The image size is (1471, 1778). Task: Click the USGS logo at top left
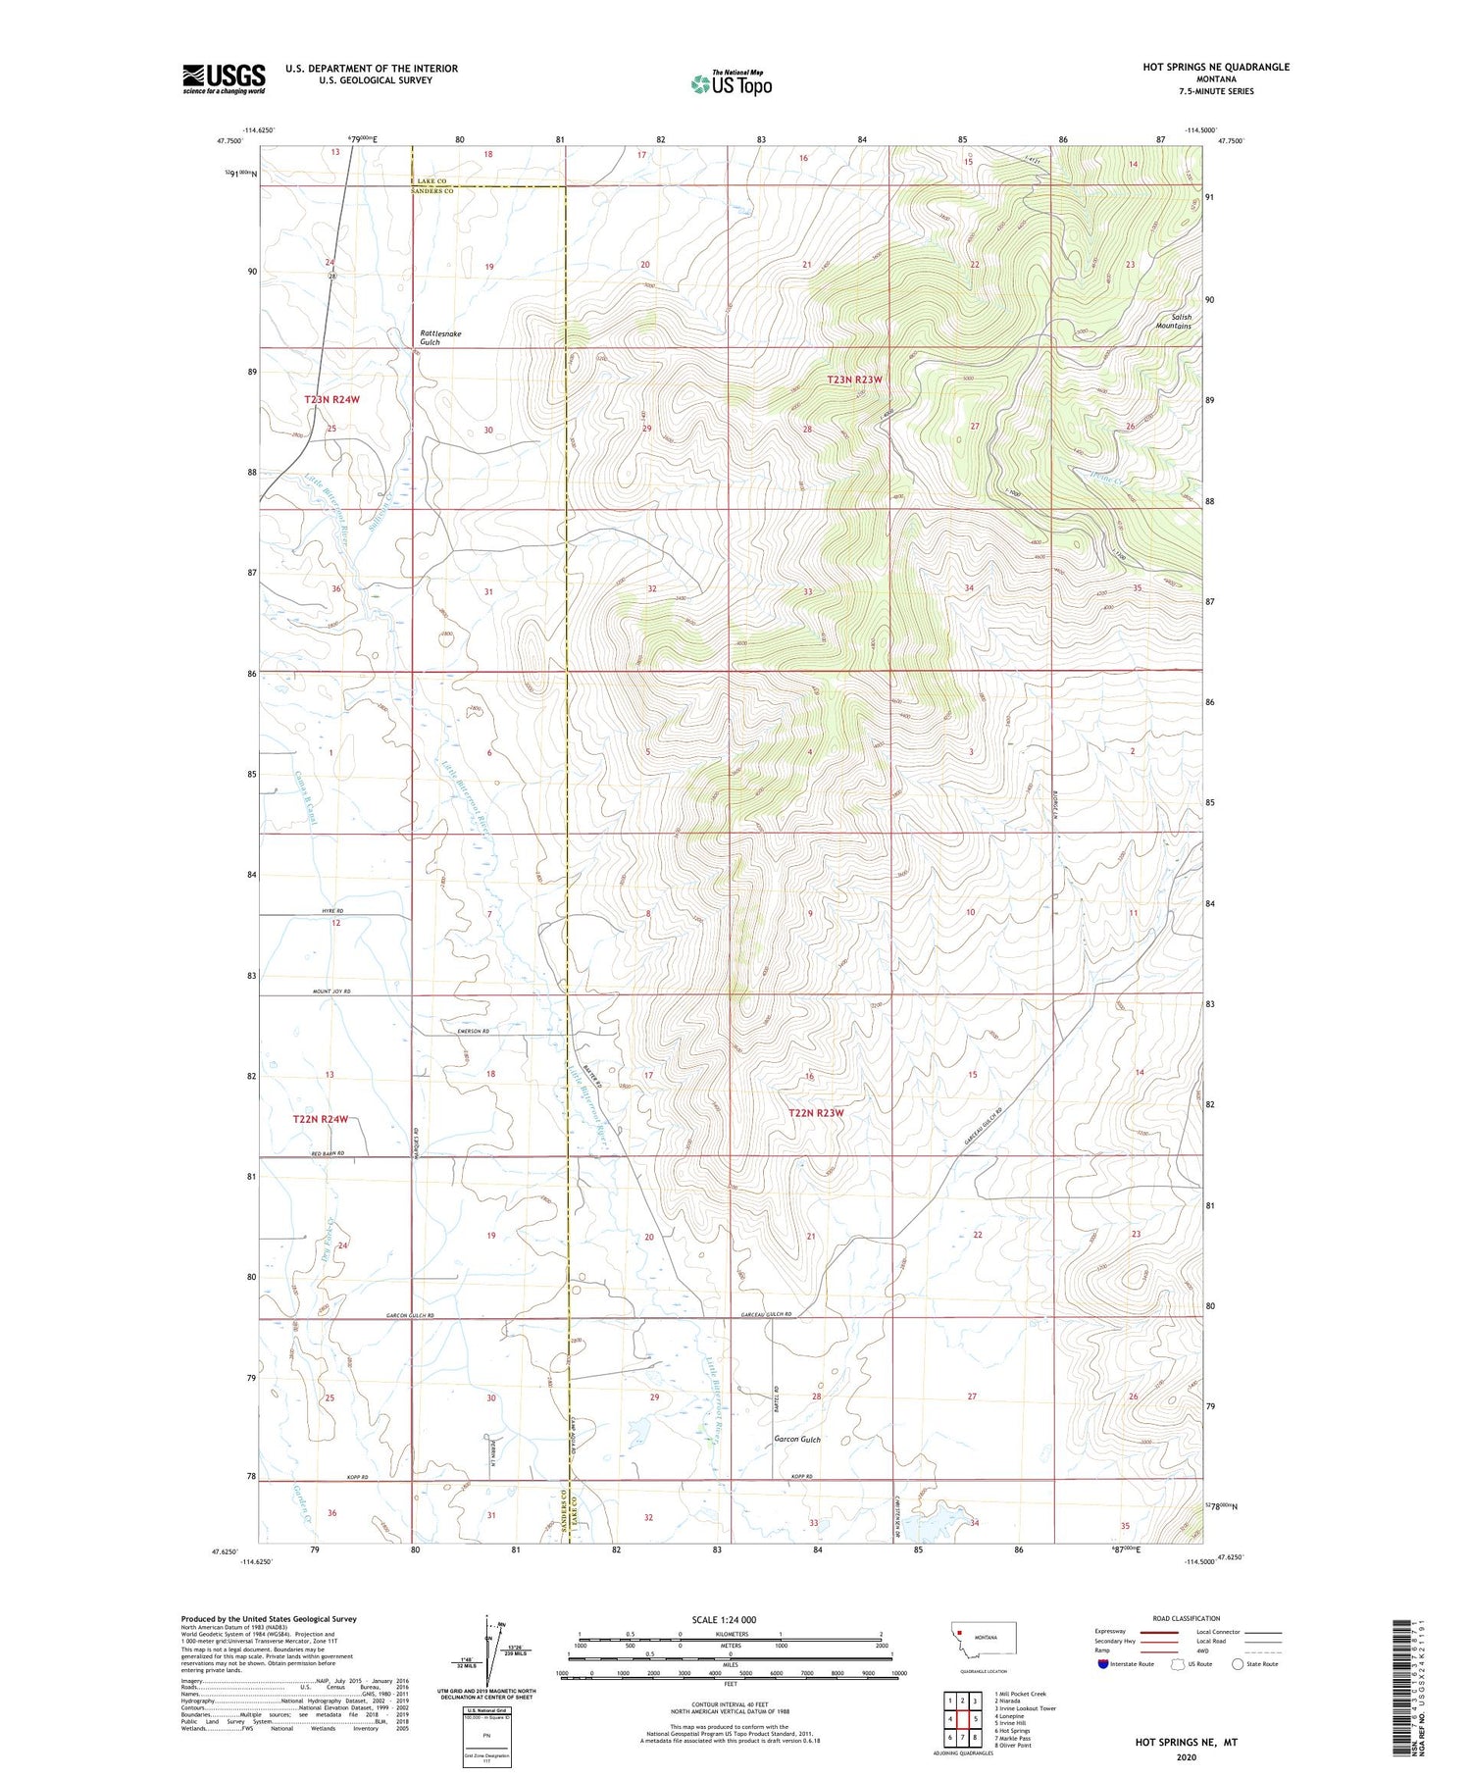pyautogui.click(x=224, y=78)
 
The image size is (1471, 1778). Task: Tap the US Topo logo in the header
pyautogui.click(x=732, y=83)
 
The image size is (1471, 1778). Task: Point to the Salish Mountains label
pyautogui.click(x=1173, y=321)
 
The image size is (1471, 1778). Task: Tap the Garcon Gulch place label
pyautogui.click(x=796, y=1440)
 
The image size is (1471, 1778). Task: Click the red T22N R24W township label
pyautogui.click(x=321, y=1119)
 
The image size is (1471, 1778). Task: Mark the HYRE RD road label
pyautogui.click(x=332, y=911)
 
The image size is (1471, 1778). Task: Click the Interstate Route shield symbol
pyautogui.click(x=1102, y=1663)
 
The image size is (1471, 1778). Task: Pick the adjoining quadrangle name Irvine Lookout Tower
pyautogui.click(x=1025, y=1708)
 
